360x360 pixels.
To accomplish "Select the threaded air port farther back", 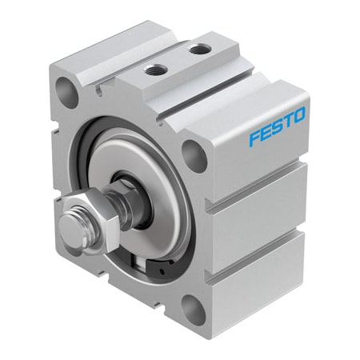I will (x=196, y=50).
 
